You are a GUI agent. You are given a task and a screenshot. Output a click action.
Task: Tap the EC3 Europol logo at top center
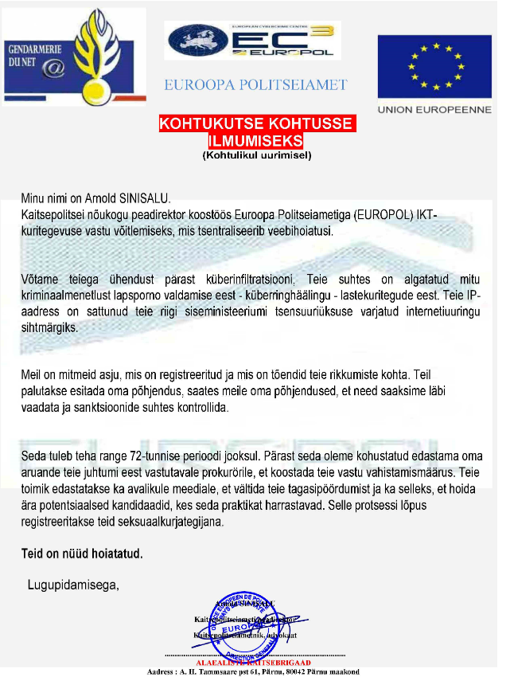(252, 41)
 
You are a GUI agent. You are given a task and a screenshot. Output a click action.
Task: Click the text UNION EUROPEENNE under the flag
(434, 111)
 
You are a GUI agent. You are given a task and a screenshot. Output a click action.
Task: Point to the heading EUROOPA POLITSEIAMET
(255, 84)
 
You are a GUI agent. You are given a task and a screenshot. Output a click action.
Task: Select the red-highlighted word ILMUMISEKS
(255, 140)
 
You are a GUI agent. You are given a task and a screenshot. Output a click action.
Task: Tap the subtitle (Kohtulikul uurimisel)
(256, 155)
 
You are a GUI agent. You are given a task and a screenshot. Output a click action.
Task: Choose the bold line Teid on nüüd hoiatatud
(81, 553)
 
